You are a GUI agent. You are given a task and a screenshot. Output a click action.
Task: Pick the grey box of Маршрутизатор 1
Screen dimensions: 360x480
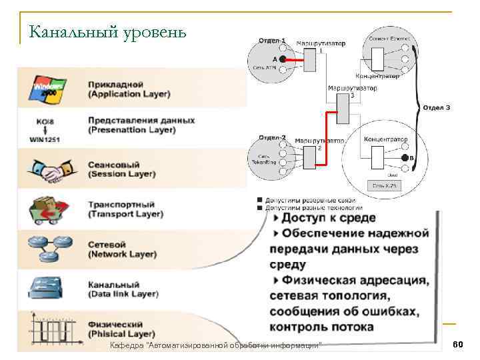[311, 60]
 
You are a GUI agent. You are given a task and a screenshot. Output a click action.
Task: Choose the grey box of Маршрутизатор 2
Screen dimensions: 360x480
[309, 158]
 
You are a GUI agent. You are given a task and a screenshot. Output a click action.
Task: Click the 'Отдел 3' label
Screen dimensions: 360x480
[436, 107]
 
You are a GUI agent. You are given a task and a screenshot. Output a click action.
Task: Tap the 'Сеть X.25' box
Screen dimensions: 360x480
[385, 185]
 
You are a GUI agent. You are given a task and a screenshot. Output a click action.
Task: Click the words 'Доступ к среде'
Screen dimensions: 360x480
[329, 218]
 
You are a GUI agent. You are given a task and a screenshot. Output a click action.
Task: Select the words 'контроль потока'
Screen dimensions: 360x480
[321, 327]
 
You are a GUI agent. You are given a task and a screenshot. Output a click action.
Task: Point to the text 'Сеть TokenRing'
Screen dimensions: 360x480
[260, 160]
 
